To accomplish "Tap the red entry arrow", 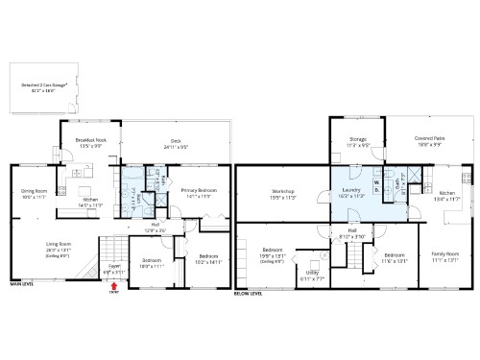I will (x=115, y=283).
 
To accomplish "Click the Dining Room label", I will (x=35, y=193).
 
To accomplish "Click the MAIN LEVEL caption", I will (x=23, y=284).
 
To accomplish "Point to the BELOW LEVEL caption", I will (x=248, y=295).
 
